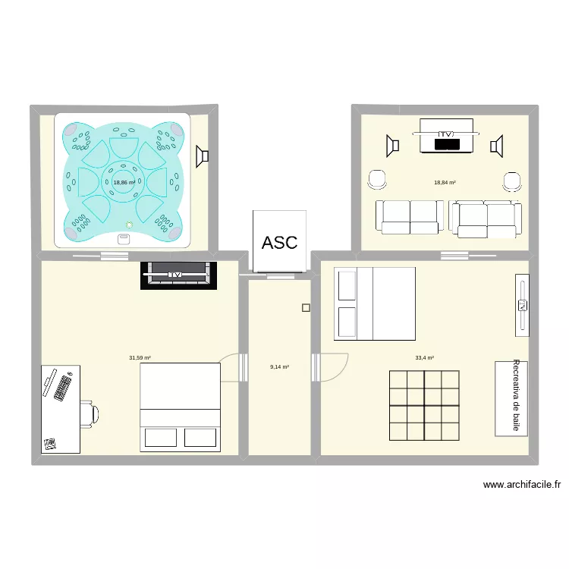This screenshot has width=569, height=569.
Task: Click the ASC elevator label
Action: [279, 243]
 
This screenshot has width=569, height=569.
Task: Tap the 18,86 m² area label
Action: [124, 183]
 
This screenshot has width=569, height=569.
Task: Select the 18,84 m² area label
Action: [445, 183]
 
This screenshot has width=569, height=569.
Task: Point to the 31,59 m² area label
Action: [140, 358]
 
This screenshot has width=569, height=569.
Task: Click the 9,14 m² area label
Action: [279, 367]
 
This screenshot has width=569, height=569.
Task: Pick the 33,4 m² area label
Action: [425, 358]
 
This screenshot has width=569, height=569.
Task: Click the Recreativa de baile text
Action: [516, 395]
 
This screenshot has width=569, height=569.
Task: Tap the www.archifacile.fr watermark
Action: [522, 485]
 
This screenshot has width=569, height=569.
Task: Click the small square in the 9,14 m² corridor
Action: [306, 308]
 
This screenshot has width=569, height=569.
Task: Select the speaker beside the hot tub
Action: [202, 156]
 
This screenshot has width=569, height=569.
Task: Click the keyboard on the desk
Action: [62, 388]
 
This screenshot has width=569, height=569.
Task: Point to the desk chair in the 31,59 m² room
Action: [90, 414]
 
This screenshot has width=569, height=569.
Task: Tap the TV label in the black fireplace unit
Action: [175, 275]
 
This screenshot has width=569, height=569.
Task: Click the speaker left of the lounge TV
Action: [393, 146]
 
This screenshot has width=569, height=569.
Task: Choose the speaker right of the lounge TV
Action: [496, 146]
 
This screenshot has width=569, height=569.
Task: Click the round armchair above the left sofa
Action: [377, 180]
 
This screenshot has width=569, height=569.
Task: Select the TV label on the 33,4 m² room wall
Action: [522, 306]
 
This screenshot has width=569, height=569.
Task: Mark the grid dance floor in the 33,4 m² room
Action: [424, 405]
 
